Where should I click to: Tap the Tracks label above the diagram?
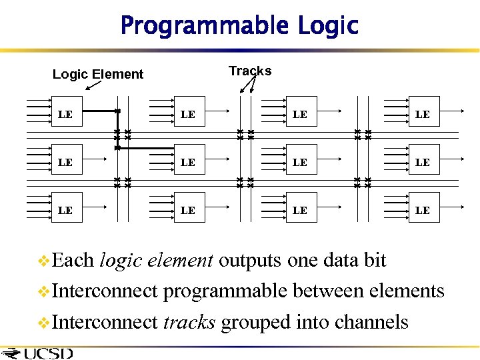coord(250,71)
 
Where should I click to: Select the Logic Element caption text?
coord(98,74)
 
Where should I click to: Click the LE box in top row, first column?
coord(65,114)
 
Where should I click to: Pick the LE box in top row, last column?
coord(423,114)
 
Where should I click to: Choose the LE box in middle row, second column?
coord(188,162)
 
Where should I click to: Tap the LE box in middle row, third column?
coord(300,162)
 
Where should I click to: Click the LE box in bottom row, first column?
coord(65,210)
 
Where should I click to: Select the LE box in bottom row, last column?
coord(423,210)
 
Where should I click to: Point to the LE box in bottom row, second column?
coord(188,210)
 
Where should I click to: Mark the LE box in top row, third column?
coord(300,114)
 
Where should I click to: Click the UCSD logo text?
coord(47,353)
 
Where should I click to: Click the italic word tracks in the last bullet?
coord(189,322)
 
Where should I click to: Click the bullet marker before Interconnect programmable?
coord(45,291)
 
